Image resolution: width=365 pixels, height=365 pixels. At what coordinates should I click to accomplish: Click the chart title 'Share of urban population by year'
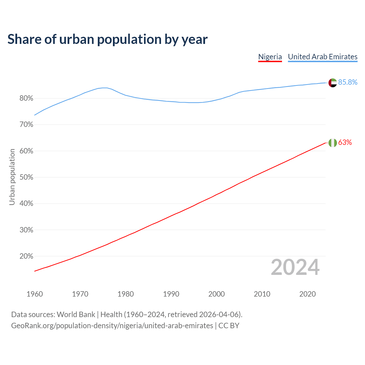(107, 39)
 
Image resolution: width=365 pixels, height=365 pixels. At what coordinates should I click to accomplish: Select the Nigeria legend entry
(270, 57)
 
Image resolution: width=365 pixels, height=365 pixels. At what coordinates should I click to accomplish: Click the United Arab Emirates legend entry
(323, 57)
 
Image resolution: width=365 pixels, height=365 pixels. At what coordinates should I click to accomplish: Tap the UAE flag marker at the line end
(332, 83)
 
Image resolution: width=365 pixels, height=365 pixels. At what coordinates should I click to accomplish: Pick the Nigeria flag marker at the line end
(332, 143)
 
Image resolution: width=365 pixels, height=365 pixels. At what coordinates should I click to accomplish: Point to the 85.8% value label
(348, 82)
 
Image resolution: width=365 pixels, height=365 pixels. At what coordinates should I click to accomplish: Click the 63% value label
(345, 143)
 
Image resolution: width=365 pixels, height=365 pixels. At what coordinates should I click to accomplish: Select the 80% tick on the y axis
(26, 99)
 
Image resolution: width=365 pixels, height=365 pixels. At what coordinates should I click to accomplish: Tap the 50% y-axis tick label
(26, 177)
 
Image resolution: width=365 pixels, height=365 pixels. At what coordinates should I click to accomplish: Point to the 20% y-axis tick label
(26, 256)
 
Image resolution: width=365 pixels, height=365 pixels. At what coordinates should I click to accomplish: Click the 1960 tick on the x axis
(35, 294)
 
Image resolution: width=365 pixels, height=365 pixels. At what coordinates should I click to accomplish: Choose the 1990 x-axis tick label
(171, 294)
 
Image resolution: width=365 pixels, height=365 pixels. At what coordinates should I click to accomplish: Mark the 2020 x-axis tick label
(307, 294)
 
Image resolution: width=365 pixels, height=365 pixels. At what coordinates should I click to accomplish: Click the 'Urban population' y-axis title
(12, 177)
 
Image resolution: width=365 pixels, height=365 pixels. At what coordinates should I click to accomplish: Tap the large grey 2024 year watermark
(295, 267)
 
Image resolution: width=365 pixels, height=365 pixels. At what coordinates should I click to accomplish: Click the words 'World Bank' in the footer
(76, 315)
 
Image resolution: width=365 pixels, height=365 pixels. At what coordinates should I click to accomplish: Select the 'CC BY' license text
(229, 326)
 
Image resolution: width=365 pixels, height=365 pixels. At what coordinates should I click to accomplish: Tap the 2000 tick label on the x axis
(216, 294)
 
